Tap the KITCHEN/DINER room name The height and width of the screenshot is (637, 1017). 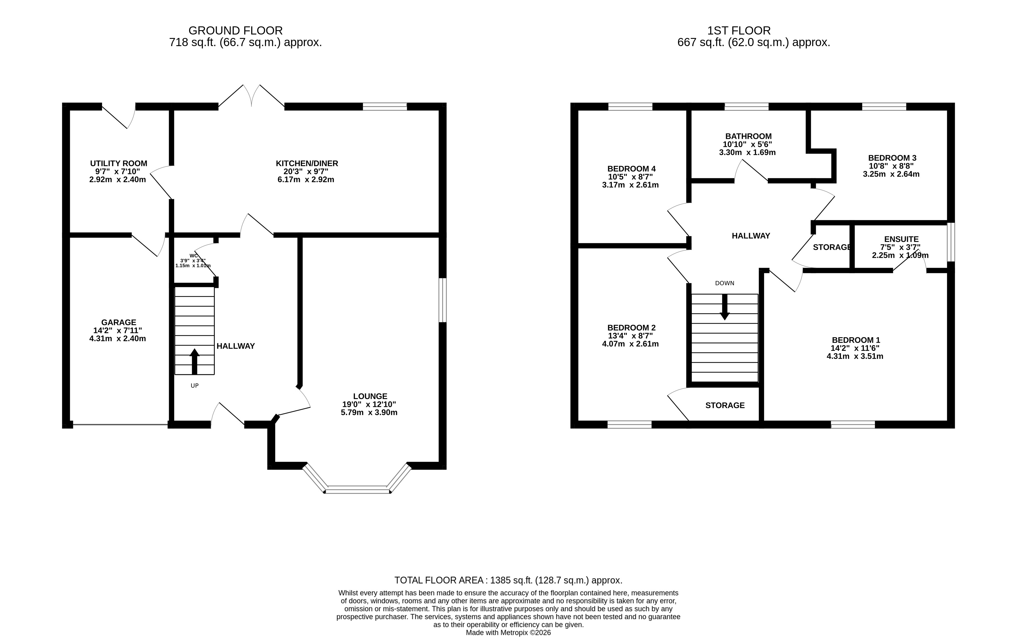tap(307, 164)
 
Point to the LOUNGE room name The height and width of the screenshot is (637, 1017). tap(370, 396)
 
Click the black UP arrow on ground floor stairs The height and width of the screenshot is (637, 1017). tap(194, 361)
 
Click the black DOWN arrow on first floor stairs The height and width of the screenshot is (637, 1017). tap(725, 307)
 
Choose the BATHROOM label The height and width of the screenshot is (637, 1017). tap(748, 137)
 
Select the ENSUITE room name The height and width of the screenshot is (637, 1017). tap(901, 239)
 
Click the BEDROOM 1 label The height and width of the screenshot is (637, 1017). tap(856, 340)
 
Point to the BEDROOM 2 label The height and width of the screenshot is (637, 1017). tap(631, 328)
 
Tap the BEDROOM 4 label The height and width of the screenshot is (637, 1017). tap(631, 169)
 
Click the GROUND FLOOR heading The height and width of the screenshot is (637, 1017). tap(235, 31)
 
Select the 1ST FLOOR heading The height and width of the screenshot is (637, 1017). tap(739, 31)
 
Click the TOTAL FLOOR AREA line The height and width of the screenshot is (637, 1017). tap(508, 580)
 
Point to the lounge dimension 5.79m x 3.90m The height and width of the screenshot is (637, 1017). tap(369, 413)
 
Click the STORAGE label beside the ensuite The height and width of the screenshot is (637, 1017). tap(832, 247)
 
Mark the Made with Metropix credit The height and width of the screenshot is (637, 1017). tap(508, 632)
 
